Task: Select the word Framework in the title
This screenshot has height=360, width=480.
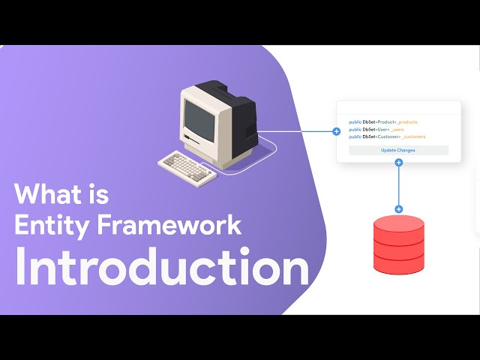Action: click(166, 225)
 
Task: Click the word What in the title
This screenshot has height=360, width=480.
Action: click(51, 194)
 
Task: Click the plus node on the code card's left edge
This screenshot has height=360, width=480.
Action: click(336, 131)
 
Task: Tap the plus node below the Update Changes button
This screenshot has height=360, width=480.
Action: click(398, 162)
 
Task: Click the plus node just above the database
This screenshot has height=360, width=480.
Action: click(398, 209)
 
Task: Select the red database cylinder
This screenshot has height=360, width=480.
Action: click(398, 244)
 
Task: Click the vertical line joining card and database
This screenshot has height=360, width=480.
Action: click(398, 186)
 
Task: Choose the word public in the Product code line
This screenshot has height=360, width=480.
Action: click(355, 121)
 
